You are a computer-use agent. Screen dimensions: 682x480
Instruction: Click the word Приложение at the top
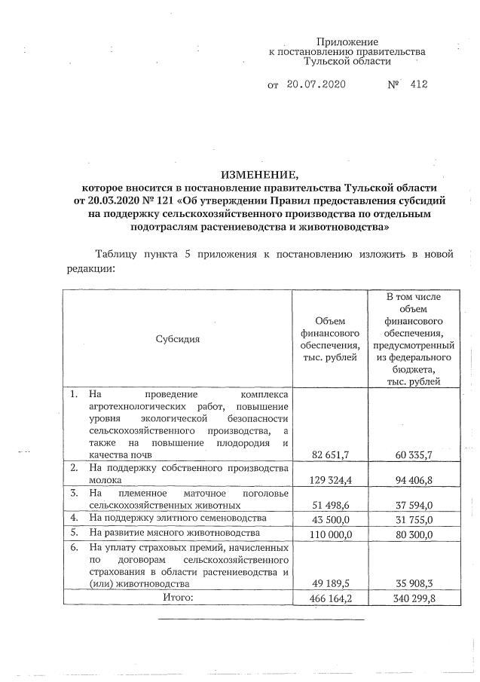(x=347, y=41)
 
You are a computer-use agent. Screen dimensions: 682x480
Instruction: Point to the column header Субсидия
(x=178, y=338)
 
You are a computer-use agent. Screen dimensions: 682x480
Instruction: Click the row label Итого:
(x=179, y=597)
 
